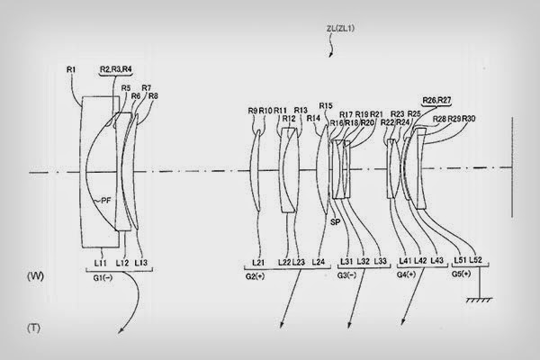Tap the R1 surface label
click(73, 67)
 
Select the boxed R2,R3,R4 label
click(115, 68)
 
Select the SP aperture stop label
click(334, 220)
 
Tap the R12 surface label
click(288, 118)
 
